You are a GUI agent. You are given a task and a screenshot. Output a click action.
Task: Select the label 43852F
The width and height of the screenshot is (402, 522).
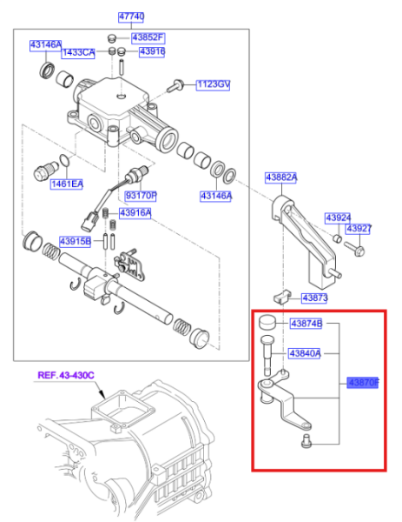[x=148, y=38]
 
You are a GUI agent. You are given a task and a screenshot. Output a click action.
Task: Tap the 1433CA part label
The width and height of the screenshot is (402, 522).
[x=78, y=52]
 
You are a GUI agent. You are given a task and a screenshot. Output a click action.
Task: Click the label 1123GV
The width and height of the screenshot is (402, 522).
[x=212, y=84]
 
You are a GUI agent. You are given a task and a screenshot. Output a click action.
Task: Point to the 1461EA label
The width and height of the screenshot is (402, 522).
[x=65, y=184]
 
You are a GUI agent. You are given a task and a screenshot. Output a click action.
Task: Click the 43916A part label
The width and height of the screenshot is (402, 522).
[x=135, y=213]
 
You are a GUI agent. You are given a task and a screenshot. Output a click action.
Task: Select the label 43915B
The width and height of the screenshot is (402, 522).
[x=76, y=241]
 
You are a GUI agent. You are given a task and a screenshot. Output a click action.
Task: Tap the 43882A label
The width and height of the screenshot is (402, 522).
[x=281, y=177]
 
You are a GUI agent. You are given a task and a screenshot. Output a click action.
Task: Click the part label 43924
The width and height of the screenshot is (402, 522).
[x=338, y=217]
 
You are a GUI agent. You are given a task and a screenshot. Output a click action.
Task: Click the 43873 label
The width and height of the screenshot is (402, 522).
[x=313, y=298]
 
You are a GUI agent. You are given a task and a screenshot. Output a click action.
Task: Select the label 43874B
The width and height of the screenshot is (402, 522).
[x=305, y=324]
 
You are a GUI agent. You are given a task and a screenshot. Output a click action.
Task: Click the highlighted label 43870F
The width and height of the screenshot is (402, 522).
[x=363, y=382]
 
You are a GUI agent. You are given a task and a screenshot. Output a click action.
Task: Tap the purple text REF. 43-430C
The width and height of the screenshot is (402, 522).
[x=65, y=376]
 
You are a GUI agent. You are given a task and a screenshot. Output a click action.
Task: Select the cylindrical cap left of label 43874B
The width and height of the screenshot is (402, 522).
[x=267, y=324]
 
